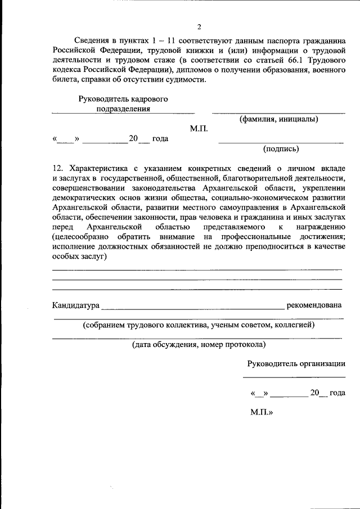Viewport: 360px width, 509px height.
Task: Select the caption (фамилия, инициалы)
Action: (x=278, y=119)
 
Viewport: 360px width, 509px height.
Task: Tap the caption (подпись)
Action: (x=281, y=149)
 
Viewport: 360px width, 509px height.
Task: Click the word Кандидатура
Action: (x=75, y=305)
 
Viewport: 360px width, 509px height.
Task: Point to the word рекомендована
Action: (x=314, y=305)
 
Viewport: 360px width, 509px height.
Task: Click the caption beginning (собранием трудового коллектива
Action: (x=199, y=325)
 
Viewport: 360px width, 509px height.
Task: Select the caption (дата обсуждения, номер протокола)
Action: (x=199, y=344)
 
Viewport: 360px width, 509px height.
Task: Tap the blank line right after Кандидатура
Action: (x=192, y=308)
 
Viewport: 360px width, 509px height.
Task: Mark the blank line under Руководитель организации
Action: (x=294, y=376)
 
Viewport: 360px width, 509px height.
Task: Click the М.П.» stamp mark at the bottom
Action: (x=262, y=412)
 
